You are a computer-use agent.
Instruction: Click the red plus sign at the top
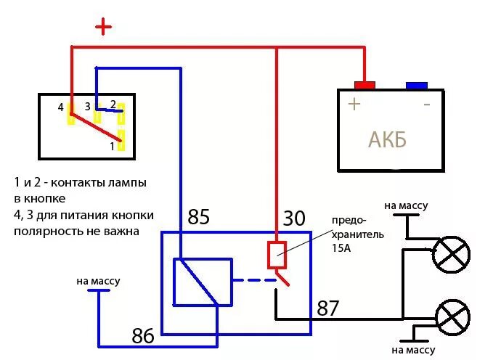tap(105, 28)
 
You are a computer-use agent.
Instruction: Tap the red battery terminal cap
tap(364, 85)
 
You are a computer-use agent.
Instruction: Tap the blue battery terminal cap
tap(416, 85)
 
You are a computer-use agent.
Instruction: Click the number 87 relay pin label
tap(327, 307)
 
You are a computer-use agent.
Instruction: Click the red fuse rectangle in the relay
tap(277, 255)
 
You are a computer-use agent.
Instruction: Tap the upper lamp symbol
tap(451, 255)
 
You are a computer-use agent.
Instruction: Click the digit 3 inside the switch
tap(88, 107)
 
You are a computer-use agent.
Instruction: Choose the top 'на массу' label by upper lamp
tap(406, 205)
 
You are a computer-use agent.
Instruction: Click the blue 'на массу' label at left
tap(97, 281)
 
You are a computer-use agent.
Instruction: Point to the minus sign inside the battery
tap(427, 104)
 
